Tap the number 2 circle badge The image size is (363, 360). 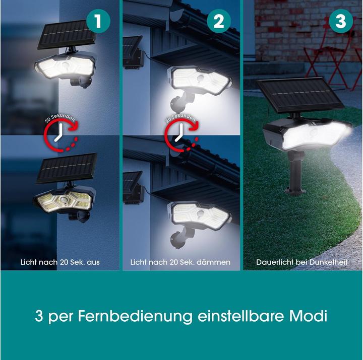click(x=218, y=22)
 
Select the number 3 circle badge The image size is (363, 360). click(x=341, y=22)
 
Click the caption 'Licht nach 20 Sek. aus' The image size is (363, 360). click(x=59, y=262)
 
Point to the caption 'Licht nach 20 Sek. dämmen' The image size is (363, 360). click(x=180, y=262)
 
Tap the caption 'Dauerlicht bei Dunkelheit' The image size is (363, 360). click(x=301, y=262)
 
